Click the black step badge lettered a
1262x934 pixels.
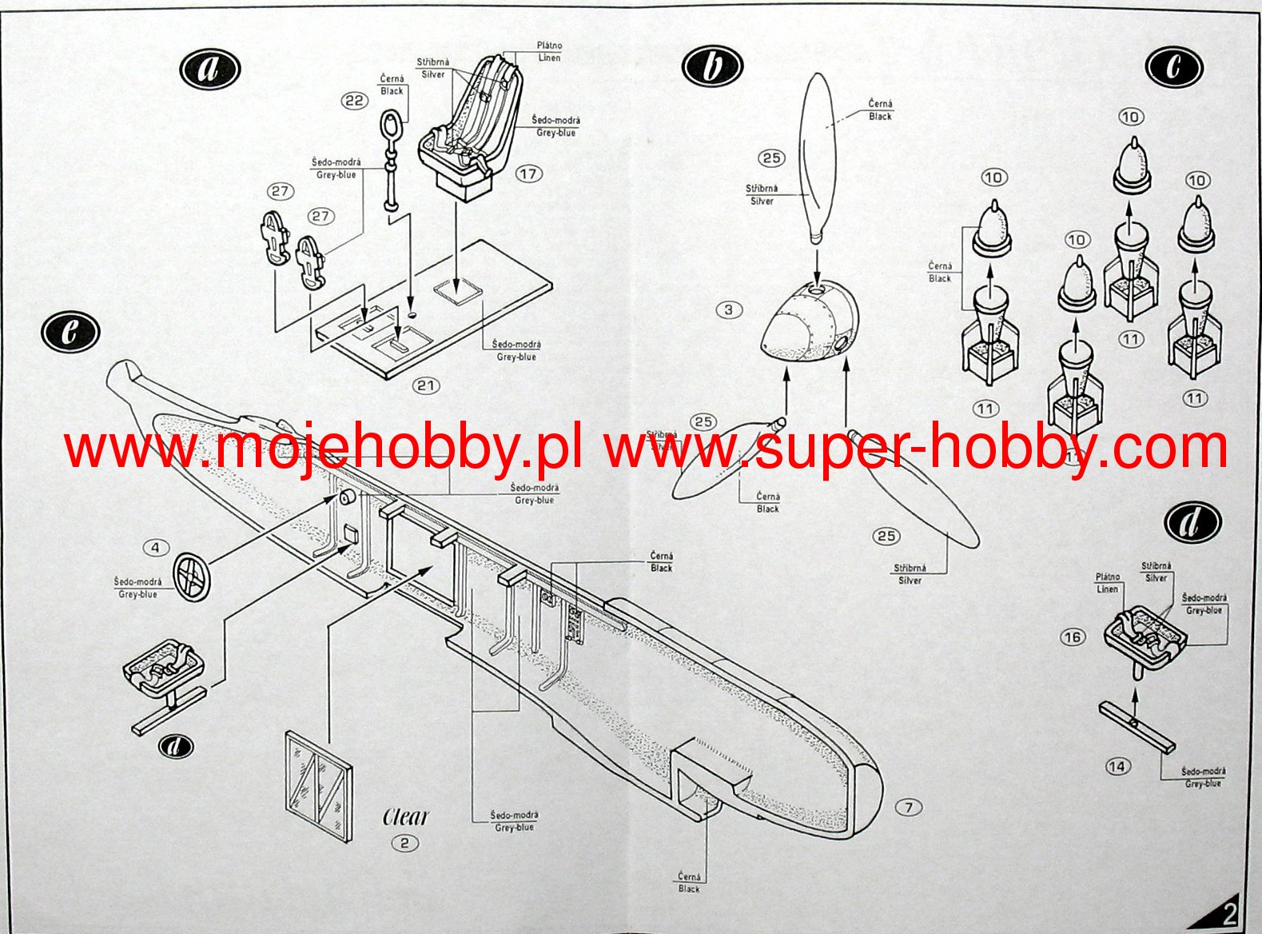tap(209, 69)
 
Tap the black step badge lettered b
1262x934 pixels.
tap(712, 66)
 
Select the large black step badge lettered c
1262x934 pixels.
tap(1173, 66)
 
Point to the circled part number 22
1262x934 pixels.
tap(354, 101)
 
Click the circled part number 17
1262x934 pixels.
tap(528, 174)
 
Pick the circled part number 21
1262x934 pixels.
tap(426, 385)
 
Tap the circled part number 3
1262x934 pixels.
tap(728, 309)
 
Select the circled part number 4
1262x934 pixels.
tap(155, 548)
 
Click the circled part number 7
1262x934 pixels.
tap(908, 808)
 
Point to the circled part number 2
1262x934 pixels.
tap(405, 843)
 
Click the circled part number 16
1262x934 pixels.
tap(1073, 637)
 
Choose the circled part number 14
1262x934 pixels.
tap(1117, 767)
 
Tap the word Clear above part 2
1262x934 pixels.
tap(405, 816)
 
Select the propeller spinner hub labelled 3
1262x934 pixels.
tap(807, 324)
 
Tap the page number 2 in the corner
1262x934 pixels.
tap(1229, 913)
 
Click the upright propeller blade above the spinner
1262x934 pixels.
tap(817, 156)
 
